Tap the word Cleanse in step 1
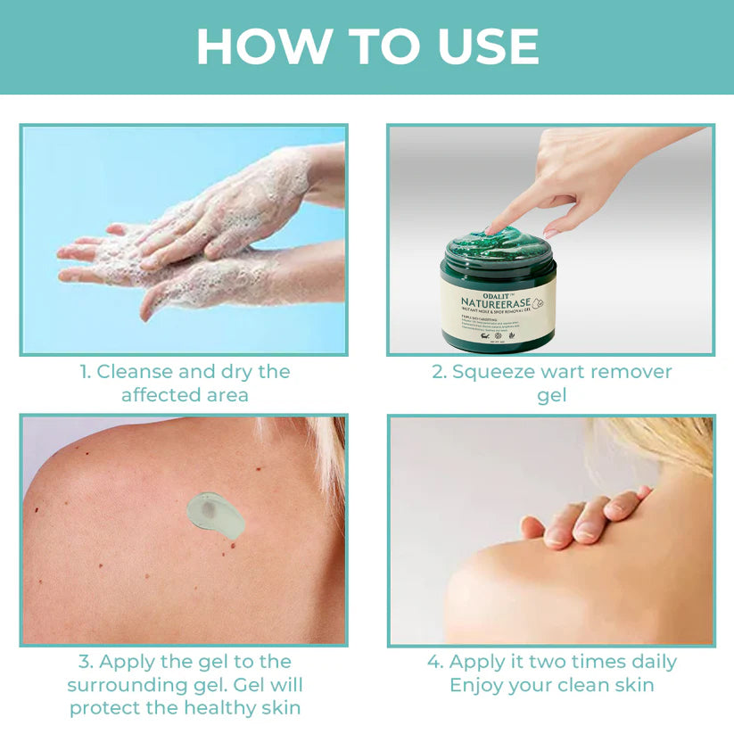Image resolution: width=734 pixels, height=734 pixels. [x=136, y=371]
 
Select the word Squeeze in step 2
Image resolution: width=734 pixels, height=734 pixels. [x=492, y=371]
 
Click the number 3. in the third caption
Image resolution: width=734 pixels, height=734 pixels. [x=85, y=662]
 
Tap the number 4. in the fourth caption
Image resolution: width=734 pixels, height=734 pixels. [x=435, y=662]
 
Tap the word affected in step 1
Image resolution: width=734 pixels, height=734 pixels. [x=162, y=394]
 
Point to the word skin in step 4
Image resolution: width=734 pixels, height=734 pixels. [x=631, y=685]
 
